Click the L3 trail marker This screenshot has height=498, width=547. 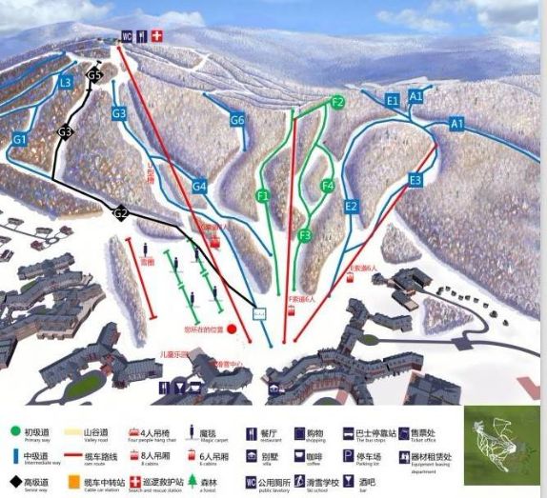[x=65, y=83]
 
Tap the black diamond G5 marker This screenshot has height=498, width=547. [x=93, y=74]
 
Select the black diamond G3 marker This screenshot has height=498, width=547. [x=65, y=131]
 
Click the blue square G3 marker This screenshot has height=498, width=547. [x=119, y=113]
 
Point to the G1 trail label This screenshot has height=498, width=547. [x=19, y=139]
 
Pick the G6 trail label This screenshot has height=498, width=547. [x=237, y=119]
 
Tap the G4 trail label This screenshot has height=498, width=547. [x=199, y=187]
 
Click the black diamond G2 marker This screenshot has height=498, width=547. [x=121, y=214]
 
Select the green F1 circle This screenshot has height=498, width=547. [x=264, y=195]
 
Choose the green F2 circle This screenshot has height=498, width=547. [x=338, y=102]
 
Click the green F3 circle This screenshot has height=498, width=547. [x=306, y=235]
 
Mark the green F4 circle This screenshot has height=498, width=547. [x=328, y=186]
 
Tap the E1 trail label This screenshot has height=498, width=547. [x=393, y=100]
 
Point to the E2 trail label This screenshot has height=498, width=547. [x=351, y=207]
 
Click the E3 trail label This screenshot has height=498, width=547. [x=415, y=179]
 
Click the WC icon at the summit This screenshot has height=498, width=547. [x=126, y=36]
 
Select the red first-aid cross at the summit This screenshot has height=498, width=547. [x=158, y=36]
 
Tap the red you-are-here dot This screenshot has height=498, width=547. [x=232, y=329]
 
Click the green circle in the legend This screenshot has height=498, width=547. [x=15, y=430]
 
